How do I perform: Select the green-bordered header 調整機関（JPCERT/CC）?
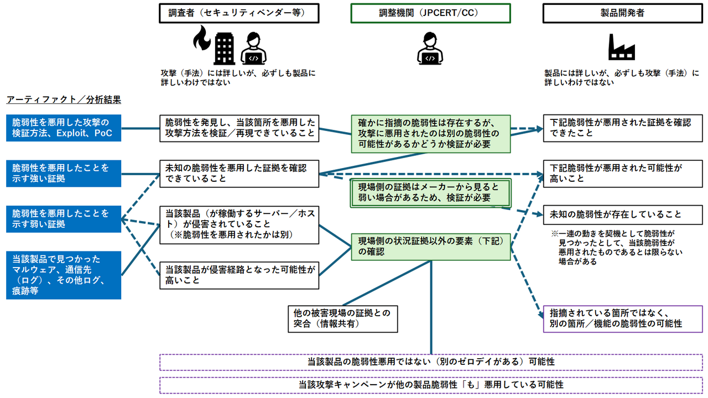click(x=430, y=13)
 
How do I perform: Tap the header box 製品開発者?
click(x=622, y=13)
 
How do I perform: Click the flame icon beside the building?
click(x=200, y=44)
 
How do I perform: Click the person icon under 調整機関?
click(x=430, y=48)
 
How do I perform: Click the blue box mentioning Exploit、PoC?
click(x=63, y=128)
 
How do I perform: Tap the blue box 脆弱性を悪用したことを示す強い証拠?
click(x=63, y=173)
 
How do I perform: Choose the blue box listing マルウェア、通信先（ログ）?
click(x=63, y=275)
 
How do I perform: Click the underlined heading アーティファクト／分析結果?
click(x=63, y=100)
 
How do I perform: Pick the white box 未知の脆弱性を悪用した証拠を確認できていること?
click(x=239, y=173)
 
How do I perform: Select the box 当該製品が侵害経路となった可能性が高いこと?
click(x=239, y=275)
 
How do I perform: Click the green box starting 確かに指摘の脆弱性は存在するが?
click(x=430, y=133)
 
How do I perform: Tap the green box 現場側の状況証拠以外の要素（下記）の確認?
click(x=430, y=246)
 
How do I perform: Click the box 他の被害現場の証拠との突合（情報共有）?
click(x=343, y=319)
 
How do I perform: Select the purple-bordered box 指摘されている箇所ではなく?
click(x=622, y=319)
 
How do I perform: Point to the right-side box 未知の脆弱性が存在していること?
click(x=622, y=214)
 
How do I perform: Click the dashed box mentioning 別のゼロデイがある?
click(x=430, y=362)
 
